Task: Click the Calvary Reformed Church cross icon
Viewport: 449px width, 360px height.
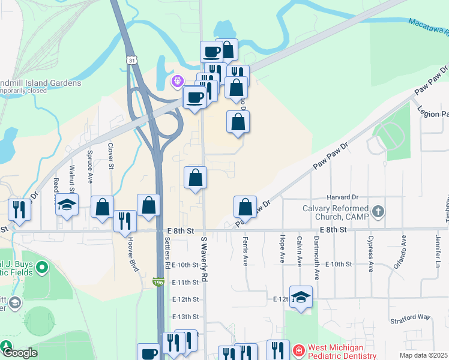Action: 378,211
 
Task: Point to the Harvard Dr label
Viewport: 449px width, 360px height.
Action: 343,197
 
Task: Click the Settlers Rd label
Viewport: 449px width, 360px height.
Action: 167,252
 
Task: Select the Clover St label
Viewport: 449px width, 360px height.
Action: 110,155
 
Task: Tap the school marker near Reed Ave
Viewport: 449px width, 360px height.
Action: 67,204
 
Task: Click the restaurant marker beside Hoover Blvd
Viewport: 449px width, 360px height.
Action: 125,221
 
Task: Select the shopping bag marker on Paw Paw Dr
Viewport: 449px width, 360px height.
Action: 245,207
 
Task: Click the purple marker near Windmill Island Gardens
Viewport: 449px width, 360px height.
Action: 177,80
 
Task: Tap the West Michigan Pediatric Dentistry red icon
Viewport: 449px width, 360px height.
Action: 297,349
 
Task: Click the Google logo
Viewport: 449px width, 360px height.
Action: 19,353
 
